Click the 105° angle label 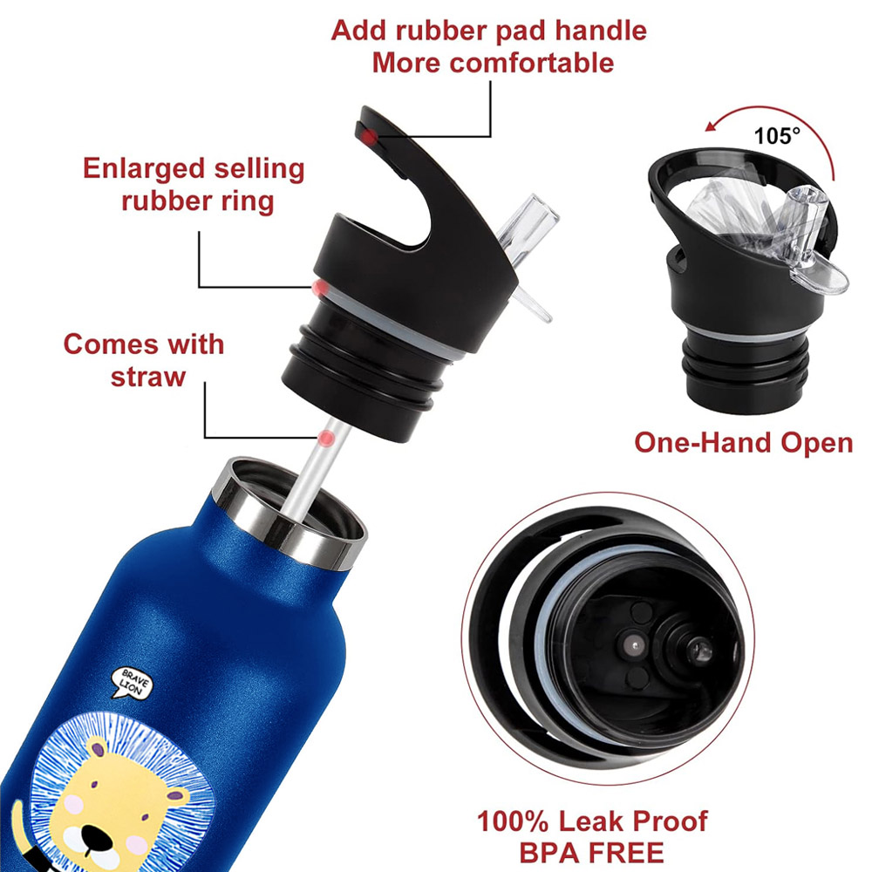click(x=776, y=136)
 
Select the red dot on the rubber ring click(x=320, y=288)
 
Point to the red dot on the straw click(x=326, y=439)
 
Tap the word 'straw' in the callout click(x=148, y=377)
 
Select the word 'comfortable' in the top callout click(x=532, y=62)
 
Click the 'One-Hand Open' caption click(x=744, y=443)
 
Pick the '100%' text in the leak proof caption click(x=513, y=821)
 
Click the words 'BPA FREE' click(x=592, y=852)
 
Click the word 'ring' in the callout click(x=247, y=202)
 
